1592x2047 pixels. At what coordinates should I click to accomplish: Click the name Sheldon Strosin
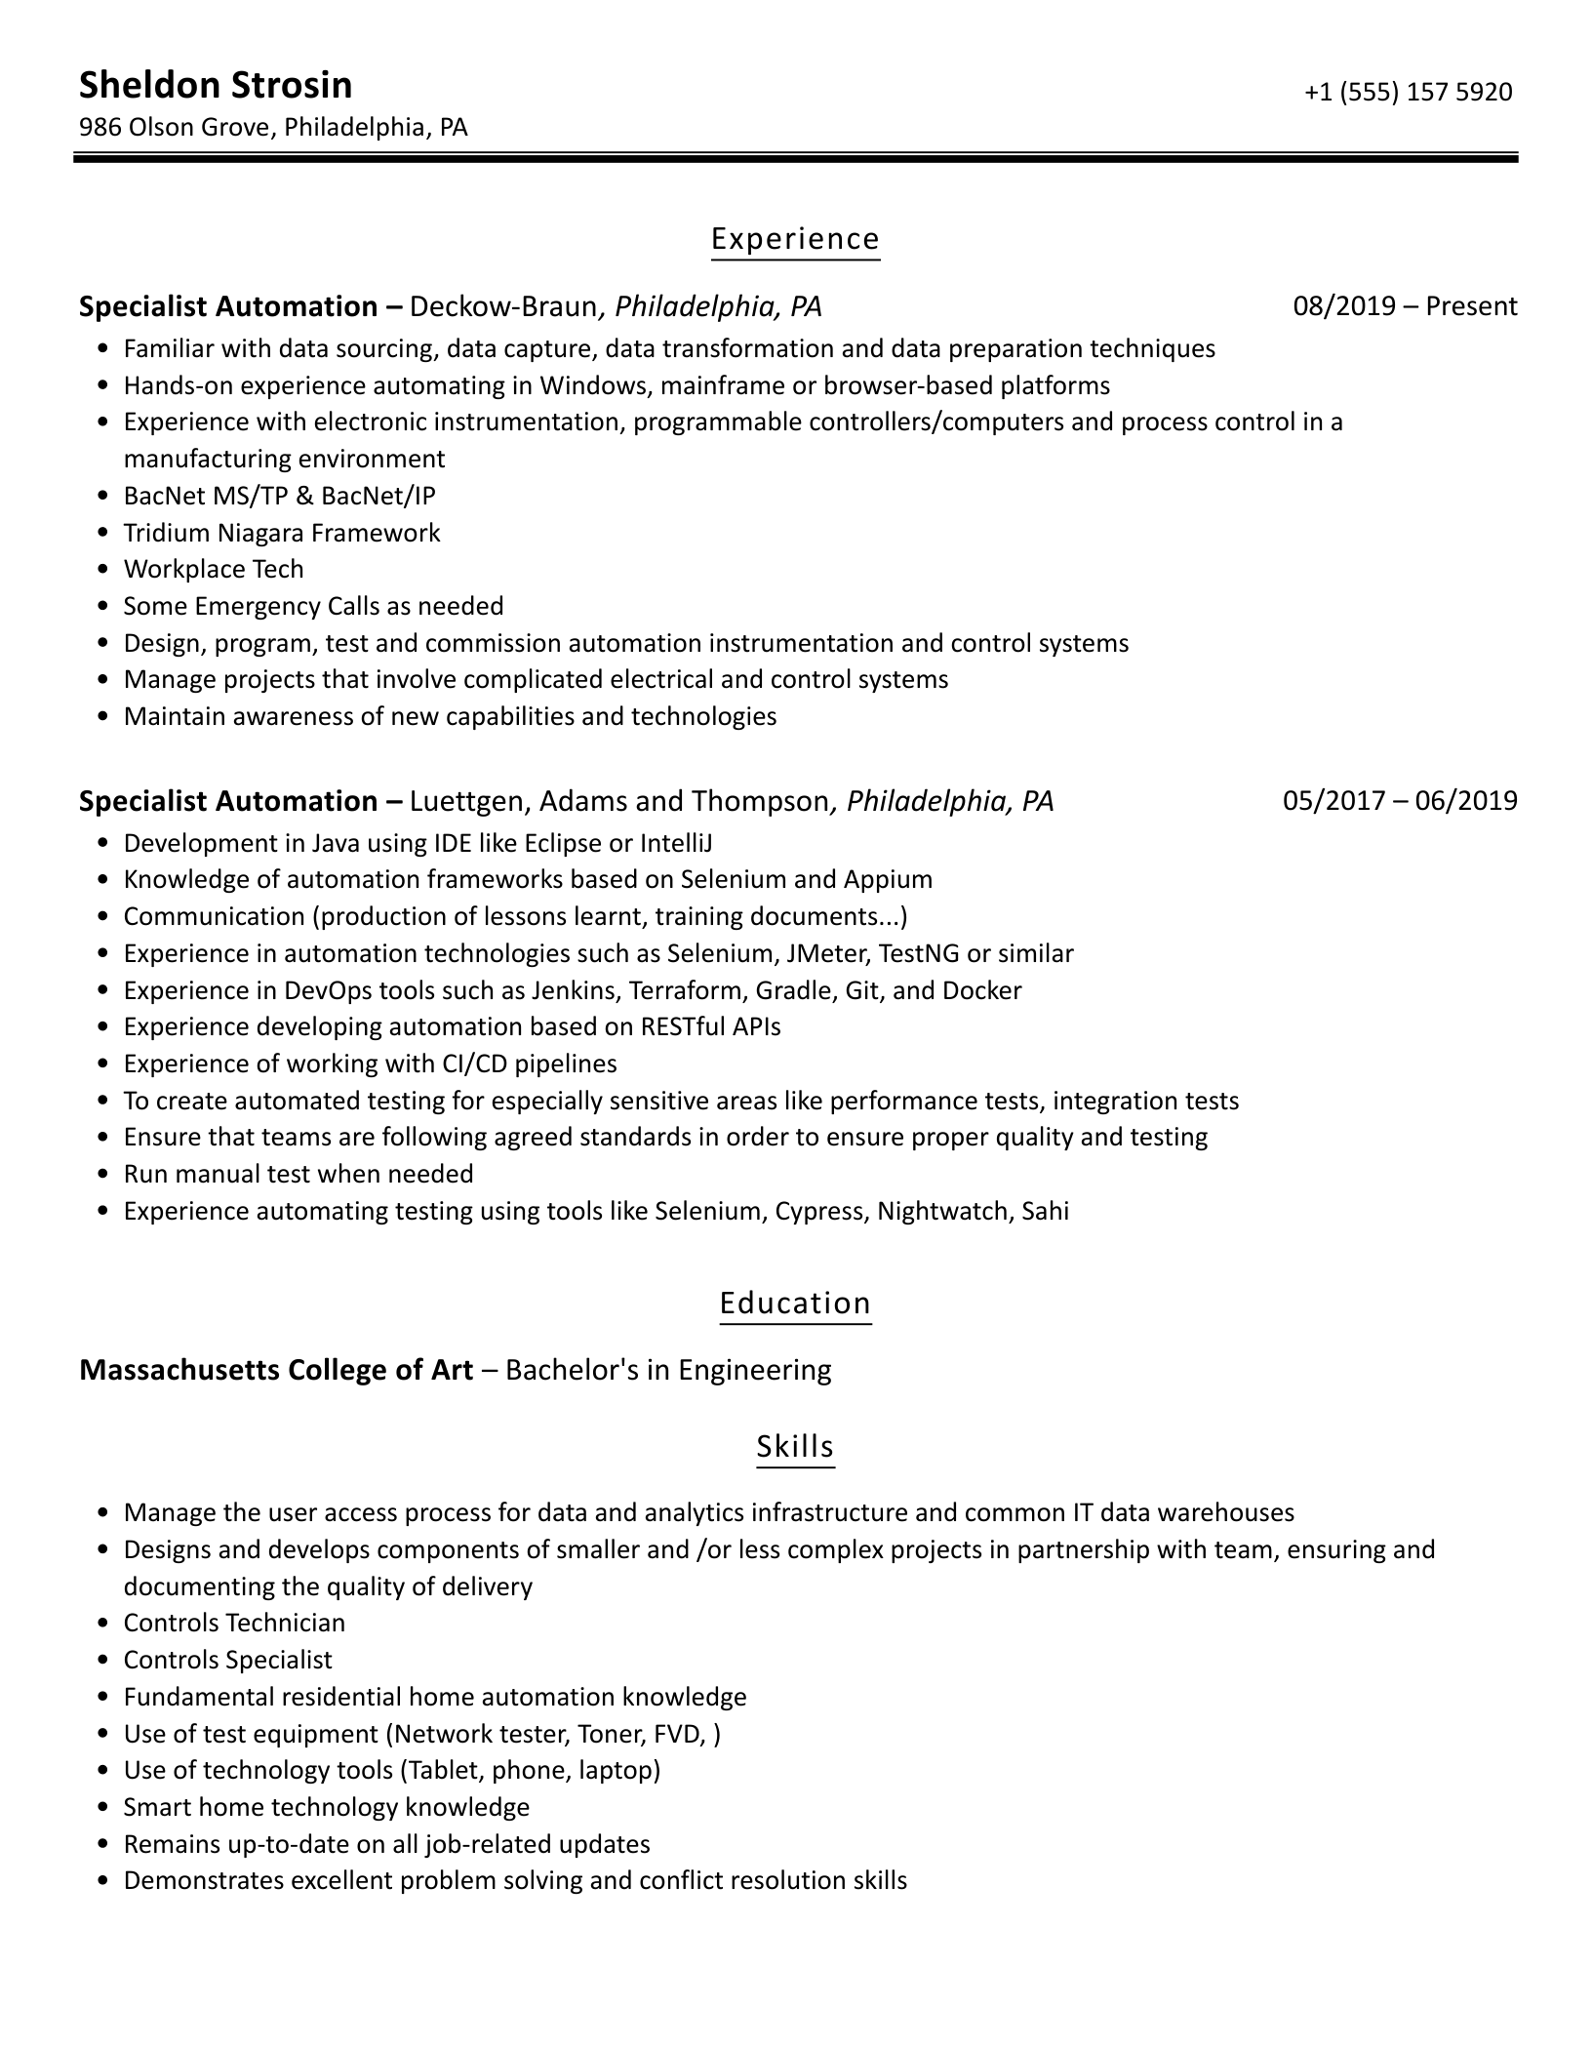216,86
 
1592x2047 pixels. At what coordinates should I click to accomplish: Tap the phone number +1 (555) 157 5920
1408,92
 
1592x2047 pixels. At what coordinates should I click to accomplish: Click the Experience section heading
795,239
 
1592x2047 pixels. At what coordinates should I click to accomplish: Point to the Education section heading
795,1304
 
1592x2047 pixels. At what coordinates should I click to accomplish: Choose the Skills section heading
795,1446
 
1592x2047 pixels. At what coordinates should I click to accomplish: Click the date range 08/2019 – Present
1405,306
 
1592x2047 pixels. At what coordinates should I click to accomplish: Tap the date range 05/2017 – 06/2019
1400,801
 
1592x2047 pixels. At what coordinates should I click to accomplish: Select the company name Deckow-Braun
502,306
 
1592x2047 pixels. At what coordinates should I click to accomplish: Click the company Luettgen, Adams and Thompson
618,801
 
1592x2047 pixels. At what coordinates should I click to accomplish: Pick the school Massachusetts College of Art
276,1370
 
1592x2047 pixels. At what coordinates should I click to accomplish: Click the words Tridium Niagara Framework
282,533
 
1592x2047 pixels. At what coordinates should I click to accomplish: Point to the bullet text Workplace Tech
214,569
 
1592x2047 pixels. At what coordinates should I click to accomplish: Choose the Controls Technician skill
234,1623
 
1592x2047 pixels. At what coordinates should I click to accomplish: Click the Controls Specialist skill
227,1660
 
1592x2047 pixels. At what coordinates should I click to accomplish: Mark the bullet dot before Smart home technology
104,1808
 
